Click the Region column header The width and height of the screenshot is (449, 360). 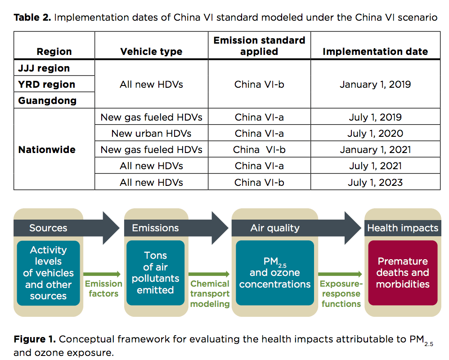(x=54, y=52)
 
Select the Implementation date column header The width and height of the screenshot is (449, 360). (x=375, y=52)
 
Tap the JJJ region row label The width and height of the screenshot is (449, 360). (x=44, y=68)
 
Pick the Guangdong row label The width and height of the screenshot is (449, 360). (x=47, y=100)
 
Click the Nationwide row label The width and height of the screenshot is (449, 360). (x=47, y=149)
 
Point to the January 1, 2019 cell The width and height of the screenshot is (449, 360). (x=375, y=84)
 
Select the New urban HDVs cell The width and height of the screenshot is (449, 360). (x=151, y=133)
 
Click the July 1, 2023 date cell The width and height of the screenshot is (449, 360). (x=375, y=182)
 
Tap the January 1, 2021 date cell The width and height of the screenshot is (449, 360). (x=375, y=149)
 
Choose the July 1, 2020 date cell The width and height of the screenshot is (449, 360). (x=375, y=133)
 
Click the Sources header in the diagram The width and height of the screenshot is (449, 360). (x=48, y=228)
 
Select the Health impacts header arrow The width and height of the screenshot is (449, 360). (x=402, y=228)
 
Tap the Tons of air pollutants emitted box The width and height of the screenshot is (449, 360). (x=155, y=273)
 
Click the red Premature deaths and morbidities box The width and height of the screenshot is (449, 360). (x=403, y=273)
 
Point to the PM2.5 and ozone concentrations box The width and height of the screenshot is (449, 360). (x=275, y=273)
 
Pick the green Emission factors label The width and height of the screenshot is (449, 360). (x=103, y=288)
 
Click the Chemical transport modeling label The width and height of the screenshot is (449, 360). (x=210, y=294)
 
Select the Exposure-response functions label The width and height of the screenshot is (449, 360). (x=341, y=294)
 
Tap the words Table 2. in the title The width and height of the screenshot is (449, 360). (x=32, y=18)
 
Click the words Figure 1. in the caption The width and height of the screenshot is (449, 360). (x=35, y=339)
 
